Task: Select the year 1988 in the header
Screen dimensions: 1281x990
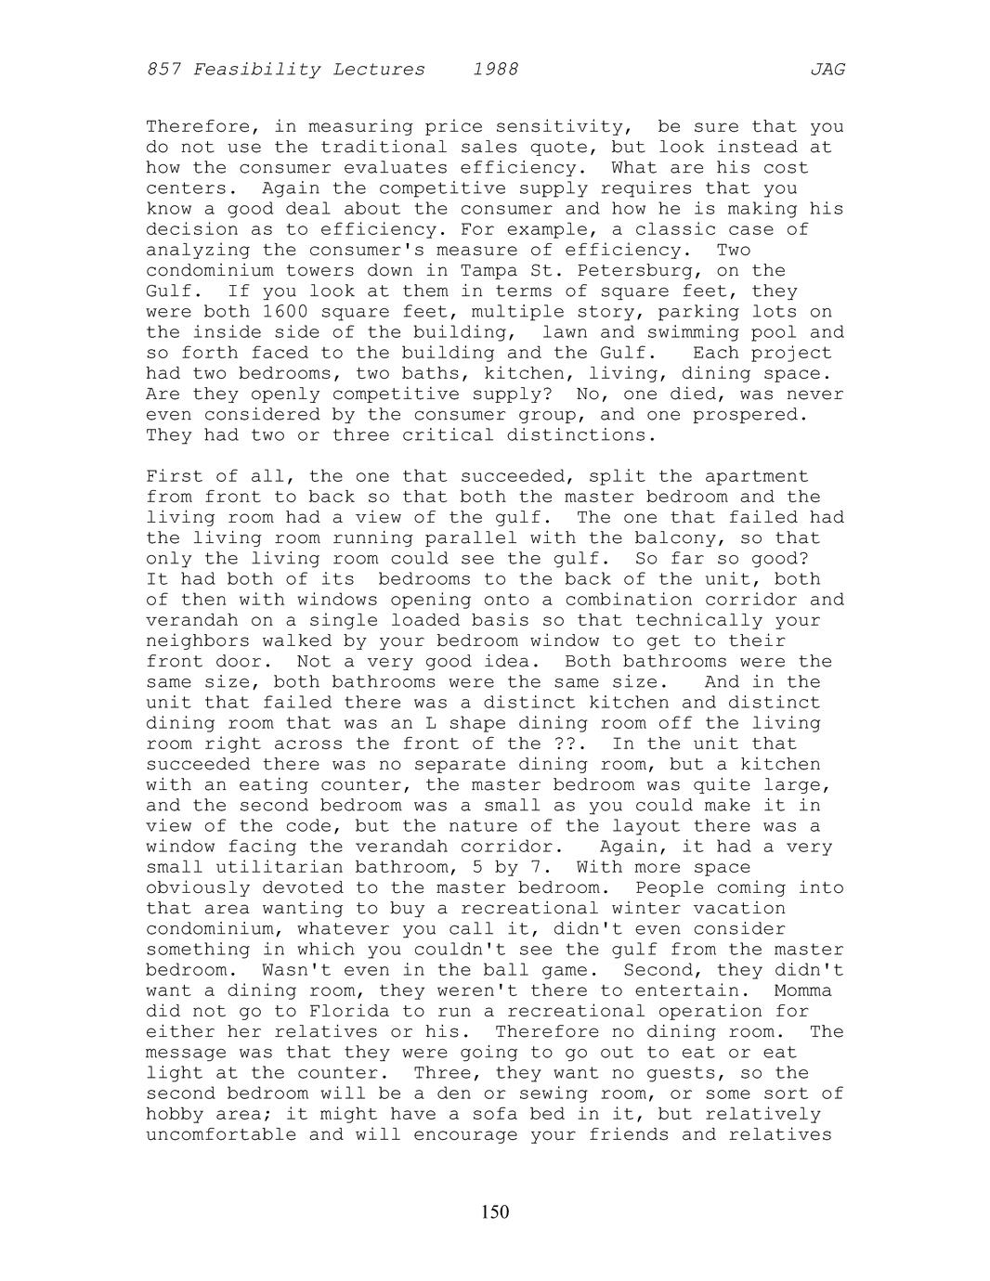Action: coord(495,70)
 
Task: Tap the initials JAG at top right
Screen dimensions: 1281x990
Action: coord(827,70)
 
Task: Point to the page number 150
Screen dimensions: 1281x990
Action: coord(495,1211)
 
